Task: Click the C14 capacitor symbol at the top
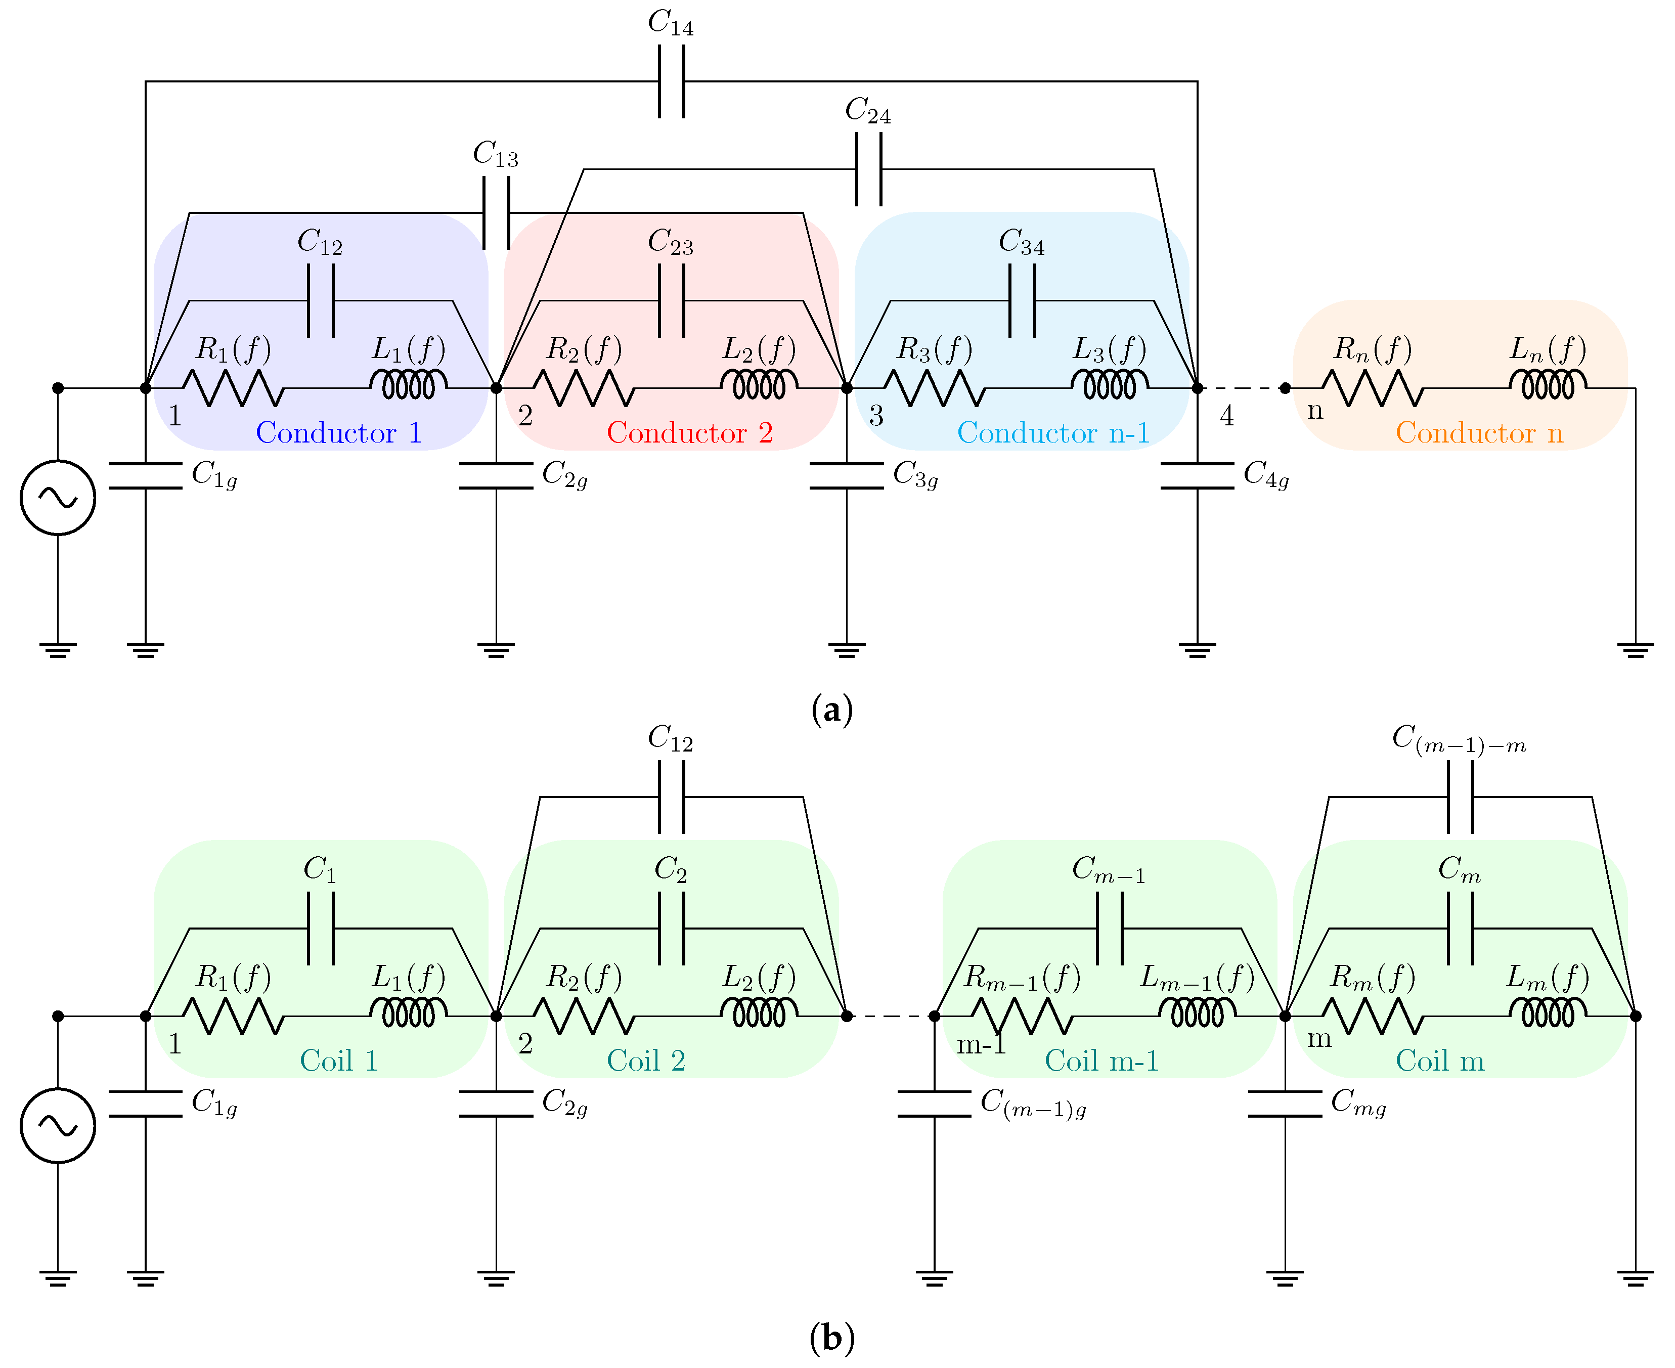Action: (x=671, y=81)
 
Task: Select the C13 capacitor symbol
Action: (x=496, y=213)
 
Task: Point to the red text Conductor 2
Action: (x=689, y=432)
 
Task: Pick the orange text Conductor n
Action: (x=1479, y=432)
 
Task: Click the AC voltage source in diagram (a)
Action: (x=58, y=497)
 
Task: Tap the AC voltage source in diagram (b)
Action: (x=58, y=1125)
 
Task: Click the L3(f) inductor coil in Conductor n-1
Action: (x=1109, y=385)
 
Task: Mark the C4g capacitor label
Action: (x=1265, y=475)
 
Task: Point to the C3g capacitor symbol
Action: (x=846, y=476)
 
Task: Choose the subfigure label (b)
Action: (x=831, y=1338)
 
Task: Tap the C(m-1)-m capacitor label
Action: (x=1459, y=739)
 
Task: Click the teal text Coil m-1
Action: (x=1101, y=1061)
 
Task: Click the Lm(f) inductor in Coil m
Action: (x=1548, y=1013)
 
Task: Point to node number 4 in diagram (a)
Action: (x=1226, y=415)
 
